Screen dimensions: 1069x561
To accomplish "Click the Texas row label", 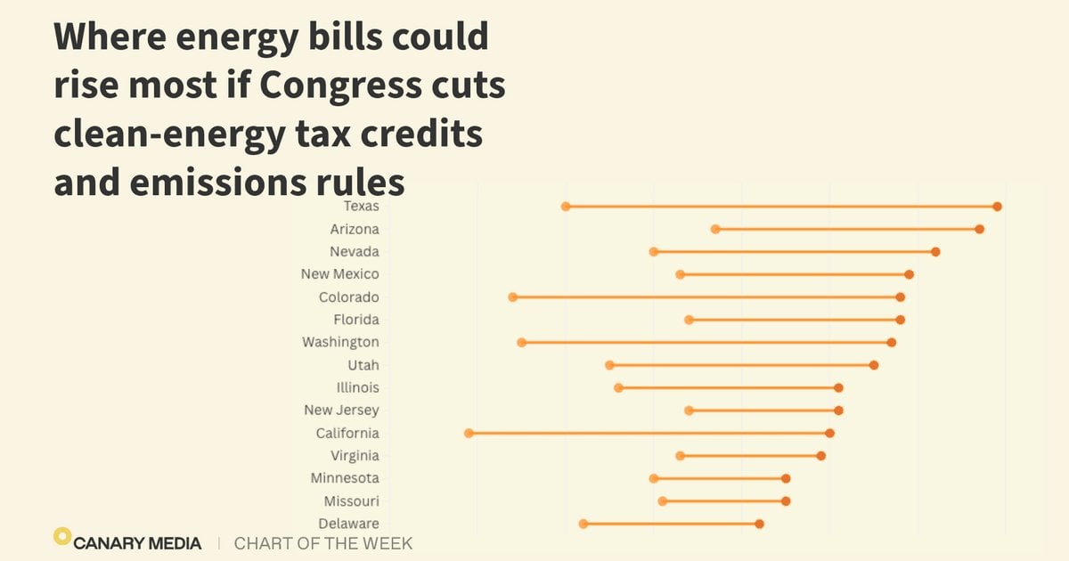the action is tap(362, 206).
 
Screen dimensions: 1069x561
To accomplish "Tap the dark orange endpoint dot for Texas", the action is tap(997, 207).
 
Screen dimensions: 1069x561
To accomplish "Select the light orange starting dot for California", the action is tap(469, 433).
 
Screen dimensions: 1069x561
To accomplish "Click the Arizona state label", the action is tap(355, 229).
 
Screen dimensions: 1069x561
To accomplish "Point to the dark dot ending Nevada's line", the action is tap(935, 252).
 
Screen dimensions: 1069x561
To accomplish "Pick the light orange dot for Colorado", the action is tap(512, 297).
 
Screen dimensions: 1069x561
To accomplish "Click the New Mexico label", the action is tap(339, 274).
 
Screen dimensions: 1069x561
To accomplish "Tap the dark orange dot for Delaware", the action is tap(759, 524).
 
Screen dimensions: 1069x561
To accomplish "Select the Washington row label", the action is tap(340, 342).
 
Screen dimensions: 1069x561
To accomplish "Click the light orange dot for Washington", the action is tap(522, 343).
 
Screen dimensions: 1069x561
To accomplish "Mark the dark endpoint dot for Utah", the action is tap(874, 365).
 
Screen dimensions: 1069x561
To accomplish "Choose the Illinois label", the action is tap(358, 387).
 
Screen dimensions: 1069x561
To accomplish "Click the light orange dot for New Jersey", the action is tap(689, 411).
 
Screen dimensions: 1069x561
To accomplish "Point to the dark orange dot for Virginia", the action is tap(820, 456).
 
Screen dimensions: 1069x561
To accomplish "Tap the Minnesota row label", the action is tap(345, 478).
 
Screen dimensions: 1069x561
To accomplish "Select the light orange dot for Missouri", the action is tap(663, 500).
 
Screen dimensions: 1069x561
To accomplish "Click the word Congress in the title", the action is tap(340, 85).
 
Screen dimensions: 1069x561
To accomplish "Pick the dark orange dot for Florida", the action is tap(900, 320).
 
